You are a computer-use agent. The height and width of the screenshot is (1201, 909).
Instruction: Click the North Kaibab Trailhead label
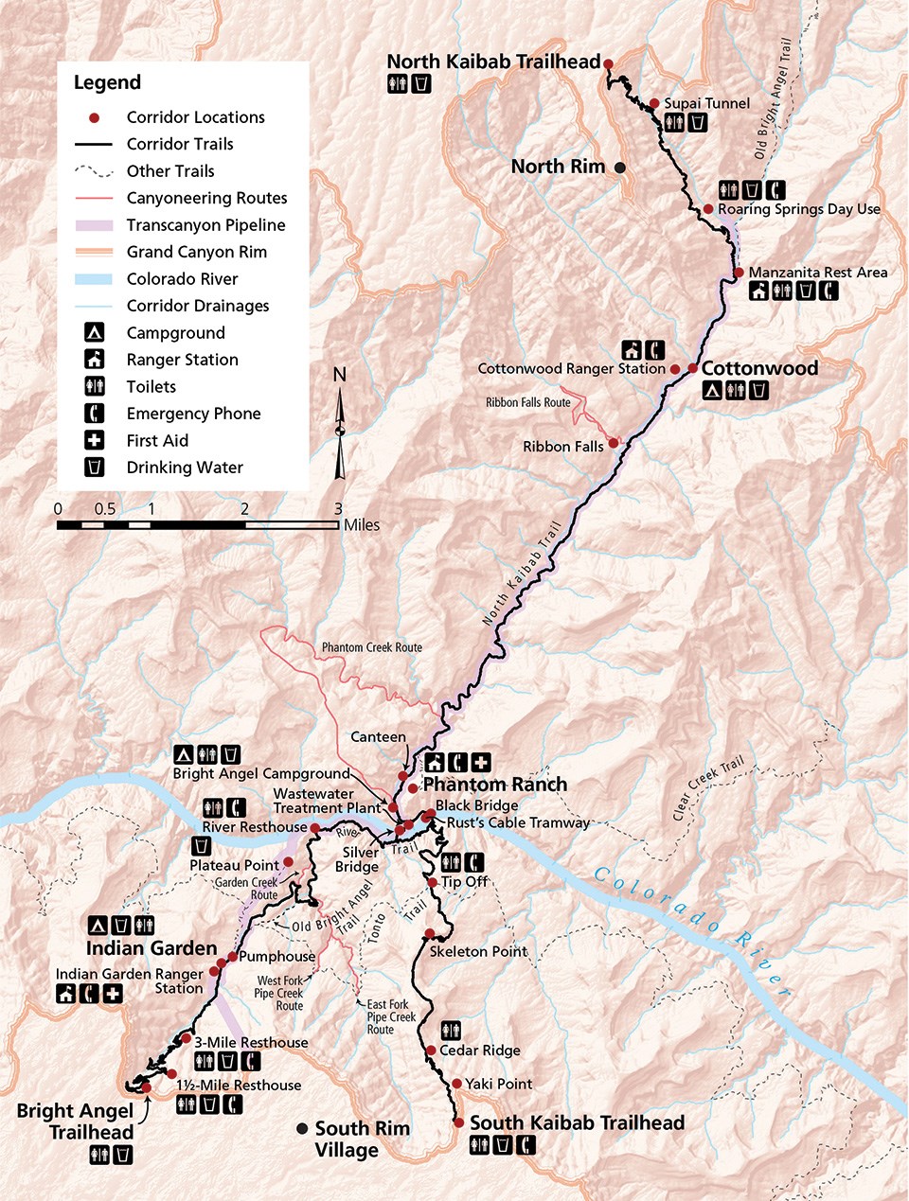click(x=493, y=62)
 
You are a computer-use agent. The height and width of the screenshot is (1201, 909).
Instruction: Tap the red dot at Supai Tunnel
click(x=653, y=103)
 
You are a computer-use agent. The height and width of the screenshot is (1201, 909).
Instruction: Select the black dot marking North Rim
click(x=619, y=168)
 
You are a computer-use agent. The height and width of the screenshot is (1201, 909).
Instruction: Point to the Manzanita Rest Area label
click(x=818, y=273)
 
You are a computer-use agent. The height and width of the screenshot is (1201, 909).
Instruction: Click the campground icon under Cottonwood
click(x=712, y=390)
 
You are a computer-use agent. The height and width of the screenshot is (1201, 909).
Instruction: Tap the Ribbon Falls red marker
click(x=614, y=442)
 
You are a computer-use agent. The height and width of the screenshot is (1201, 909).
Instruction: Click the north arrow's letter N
click(x=340, y=375)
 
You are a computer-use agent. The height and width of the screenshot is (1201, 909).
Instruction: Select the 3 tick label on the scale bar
click(x=338, y=509)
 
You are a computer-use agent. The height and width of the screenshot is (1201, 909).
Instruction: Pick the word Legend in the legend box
click(x=107, y=83)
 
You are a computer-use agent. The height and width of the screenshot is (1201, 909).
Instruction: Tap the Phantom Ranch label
click(x=494, y=785)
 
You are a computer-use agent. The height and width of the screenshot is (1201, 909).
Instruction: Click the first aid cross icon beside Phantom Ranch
click(x=481, y=762)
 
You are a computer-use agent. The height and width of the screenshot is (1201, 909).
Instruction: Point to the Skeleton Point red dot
click(x=430, y=933)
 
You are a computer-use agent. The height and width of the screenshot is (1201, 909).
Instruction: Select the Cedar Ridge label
click(x=479, y=1051)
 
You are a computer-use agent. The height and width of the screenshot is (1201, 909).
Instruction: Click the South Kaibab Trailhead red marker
click(x=459, y=1122)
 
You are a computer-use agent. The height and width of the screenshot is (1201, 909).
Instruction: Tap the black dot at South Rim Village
click(x=302, y=1128)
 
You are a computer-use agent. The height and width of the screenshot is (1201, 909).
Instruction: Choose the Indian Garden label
click(x=151, y=948)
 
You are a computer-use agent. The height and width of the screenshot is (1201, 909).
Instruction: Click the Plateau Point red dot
click(x=288, y=862)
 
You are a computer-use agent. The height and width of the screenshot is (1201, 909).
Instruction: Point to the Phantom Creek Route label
click(x=371, y=647)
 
